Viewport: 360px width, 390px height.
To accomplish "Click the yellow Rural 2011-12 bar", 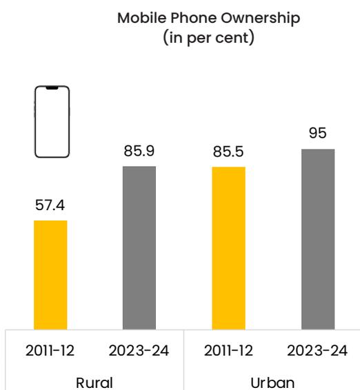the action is pos(50,275).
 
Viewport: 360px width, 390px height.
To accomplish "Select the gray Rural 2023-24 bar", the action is pos(139,248).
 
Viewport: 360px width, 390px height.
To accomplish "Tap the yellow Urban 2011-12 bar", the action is pos(228,248).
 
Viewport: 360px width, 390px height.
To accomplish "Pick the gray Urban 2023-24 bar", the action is pos(318,240).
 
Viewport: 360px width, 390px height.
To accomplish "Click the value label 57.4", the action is pos(50,205).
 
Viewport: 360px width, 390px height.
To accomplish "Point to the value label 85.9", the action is pos(139,151).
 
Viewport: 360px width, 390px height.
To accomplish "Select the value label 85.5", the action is pos(228,152).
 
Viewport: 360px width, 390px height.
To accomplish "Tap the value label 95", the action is pos(318,133).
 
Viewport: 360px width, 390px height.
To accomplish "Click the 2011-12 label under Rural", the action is pos(50,351).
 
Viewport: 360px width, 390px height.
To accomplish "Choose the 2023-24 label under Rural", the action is pos(139,351).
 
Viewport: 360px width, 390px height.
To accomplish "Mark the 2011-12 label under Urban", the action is pos(228,351).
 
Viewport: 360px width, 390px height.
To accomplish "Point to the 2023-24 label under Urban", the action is pos(317,351).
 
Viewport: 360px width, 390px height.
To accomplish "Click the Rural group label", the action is pos(94,383).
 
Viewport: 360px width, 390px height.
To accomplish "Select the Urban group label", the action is pos(272,383).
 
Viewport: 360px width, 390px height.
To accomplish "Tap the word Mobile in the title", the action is pos(142,18).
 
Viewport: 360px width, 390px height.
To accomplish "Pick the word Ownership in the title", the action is pos(261,19).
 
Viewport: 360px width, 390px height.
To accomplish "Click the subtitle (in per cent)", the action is pos(209,38).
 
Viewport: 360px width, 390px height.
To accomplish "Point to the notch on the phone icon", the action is pos(52,88).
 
